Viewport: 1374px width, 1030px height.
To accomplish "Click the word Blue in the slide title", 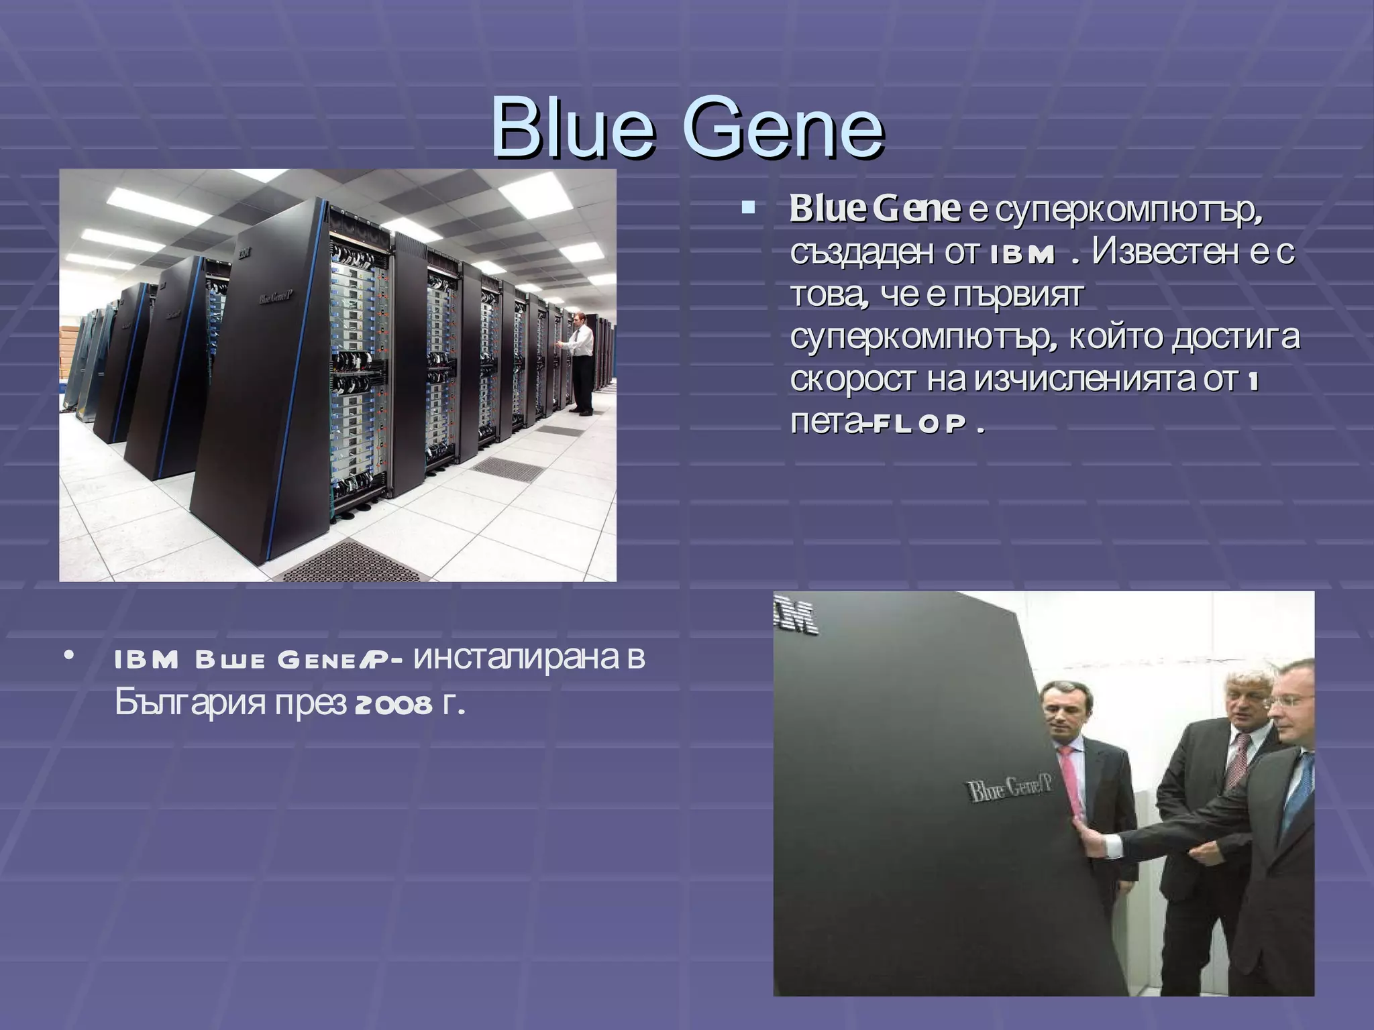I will coord(572,128).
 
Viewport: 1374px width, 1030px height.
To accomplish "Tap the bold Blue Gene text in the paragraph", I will coord(874,210).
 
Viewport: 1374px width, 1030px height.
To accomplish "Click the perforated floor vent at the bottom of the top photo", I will coord(352,562).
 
